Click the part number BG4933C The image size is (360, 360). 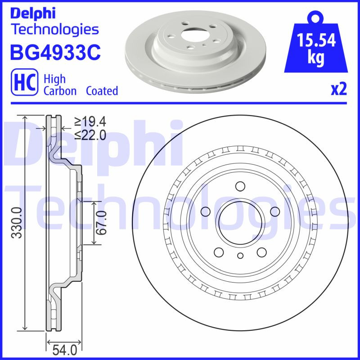[x=54, y=52]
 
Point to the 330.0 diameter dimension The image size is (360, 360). [x=17, y=222]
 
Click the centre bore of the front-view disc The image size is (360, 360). [x=239, y=220]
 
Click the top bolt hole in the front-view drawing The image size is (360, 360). [x=240, y=186]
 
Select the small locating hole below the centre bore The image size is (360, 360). [x=240, y=256]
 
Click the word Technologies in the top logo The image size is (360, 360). [x=54, y=29]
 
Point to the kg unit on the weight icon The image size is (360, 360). [x=316, y=58]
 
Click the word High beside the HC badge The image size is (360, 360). [x=54, y=79]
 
